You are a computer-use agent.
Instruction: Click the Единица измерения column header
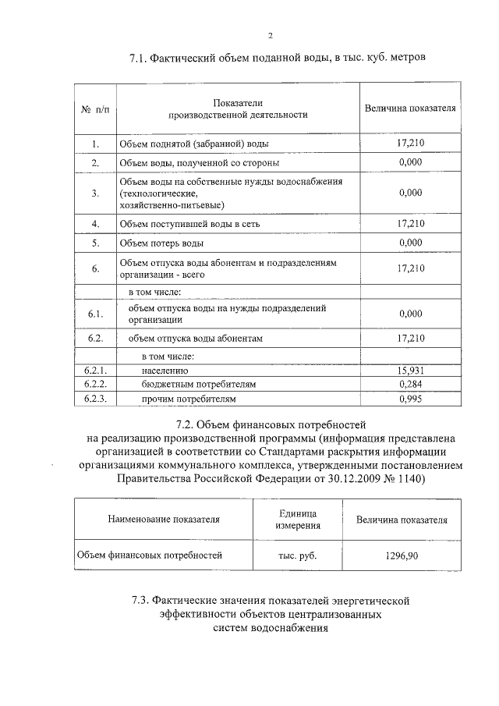tap(297, 519)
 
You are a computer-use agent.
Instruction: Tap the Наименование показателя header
tap(164, 519)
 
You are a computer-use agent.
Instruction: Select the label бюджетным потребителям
tap(199, 385)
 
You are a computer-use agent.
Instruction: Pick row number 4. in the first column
tap(94, 224)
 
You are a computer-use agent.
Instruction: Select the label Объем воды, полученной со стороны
tap(199, 164)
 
